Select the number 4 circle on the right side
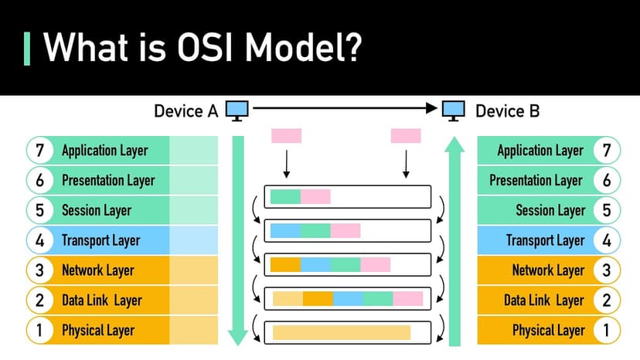click(606, 240)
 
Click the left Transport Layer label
click(101, 240)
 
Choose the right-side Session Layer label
click(550, 210)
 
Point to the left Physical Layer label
click(98, 331)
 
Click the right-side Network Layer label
click(548, 270)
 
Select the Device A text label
click(186, 111)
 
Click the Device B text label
click(507, 111)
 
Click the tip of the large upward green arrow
click(455, 140)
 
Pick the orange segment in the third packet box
click(285, 264)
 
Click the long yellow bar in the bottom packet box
click(341, 333)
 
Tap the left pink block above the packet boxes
click(286, 136)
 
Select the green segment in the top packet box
click(285, 196)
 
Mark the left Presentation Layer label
click(108, 181)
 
